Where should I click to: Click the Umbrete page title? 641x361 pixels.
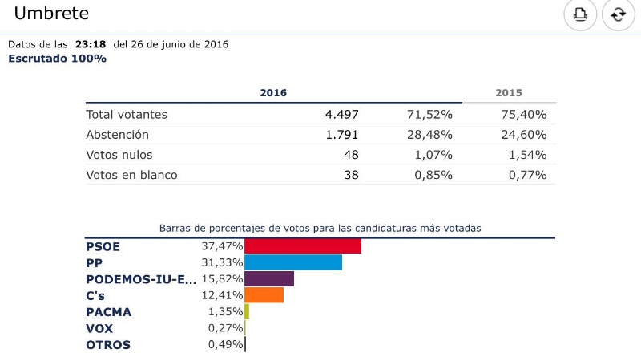pos(51,14)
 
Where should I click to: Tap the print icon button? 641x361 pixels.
pos(579,14)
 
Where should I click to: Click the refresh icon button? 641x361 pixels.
pos(618,14)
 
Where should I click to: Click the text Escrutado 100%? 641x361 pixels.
pos(57,59)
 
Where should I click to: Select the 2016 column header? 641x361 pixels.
pos(273,93)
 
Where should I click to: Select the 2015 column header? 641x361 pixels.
pos(509,93)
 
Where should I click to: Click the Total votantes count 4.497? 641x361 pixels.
pos(341,115)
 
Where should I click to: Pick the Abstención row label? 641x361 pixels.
pos(117,135)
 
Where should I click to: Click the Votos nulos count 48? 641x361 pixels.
pos(350,155)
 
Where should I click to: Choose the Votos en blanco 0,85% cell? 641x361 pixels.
pos(431,175)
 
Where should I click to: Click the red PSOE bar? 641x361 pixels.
pos(302,246)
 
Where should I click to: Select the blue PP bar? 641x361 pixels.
pos(292,262)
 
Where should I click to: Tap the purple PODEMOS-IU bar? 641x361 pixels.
pos(268,279)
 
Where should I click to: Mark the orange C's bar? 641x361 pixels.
pos(264,295)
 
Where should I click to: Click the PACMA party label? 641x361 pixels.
pos(108,312)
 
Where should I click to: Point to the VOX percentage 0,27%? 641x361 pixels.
pos(224,328)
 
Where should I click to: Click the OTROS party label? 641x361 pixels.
pos(108,345)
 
